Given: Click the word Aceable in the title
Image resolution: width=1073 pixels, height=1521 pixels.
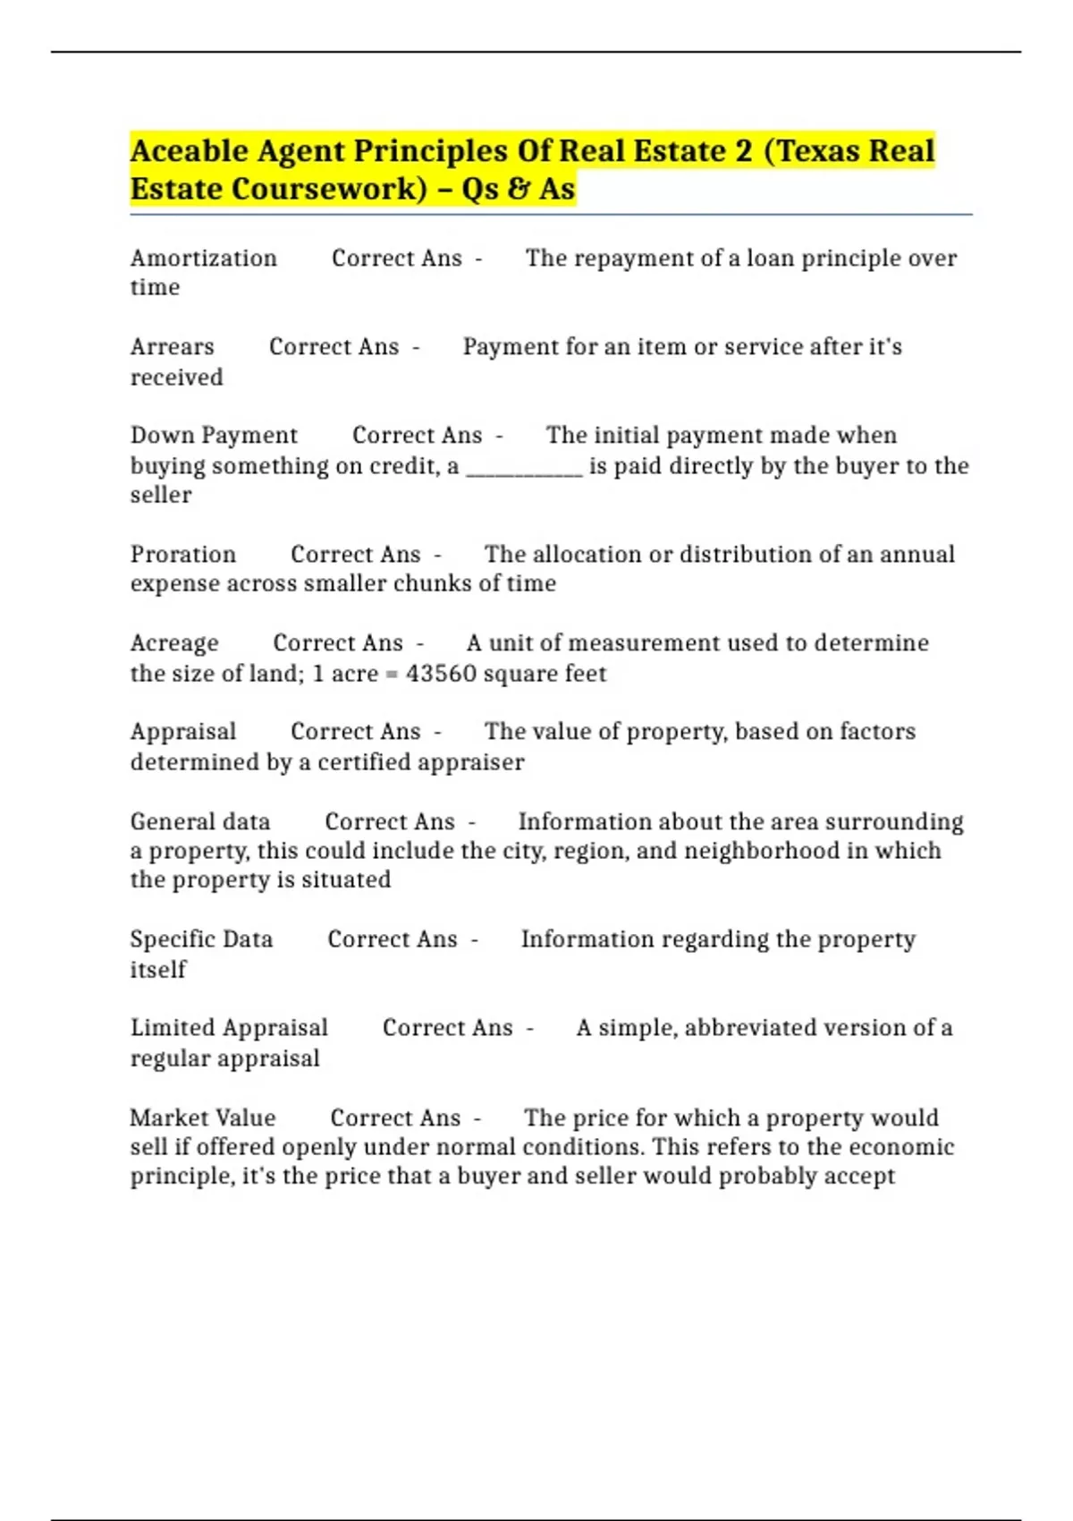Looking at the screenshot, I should coord(189,151).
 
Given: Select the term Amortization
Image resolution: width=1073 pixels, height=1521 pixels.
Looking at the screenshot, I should coord(203,259).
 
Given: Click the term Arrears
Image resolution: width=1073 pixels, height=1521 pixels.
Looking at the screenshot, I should coord(172,347).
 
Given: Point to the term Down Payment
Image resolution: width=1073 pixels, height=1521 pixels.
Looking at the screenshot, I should coord(214,436).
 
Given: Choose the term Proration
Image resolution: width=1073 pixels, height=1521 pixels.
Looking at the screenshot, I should coord(183,555).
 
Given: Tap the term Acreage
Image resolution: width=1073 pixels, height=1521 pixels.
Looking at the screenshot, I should coord(174,643).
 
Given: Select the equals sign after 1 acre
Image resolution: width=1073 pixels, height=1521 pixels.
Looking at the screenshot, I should coord(392,675).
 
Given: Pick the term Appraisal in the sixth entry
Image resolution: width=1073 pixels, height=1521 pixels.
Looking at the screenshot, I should coord(183,732).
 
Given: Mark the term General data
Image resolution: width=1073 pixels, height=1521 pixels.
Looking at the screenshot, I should coord(199,822).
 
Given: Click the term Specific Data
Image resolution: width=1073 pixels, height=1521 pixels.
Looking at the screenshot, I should coord(201,939).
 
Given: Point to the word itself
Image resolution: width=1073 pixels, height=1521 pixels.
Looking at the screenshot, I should coord(158,970).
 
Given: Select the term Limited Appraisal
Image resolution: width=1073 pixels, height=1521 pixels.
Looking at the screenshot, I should coord(229,1028).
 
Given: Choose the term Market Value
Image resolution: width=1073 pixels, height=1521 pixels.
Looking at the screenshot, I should coord(203,1118).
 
